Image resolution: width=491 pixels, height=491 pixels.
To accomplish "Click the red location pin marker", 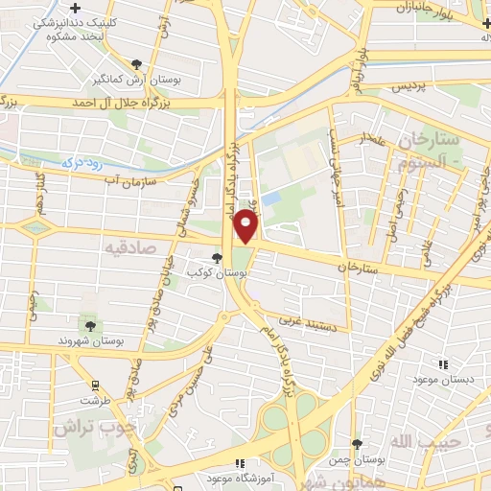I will point(246,226).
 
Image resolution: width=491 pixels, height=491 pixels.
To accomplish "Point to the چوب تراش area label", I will point(95,424).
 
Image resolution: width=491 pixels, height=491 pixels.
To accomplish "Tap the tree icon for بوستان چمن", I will point(357,444).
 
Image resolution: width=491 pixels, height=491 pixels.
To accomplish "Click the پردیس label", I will point(409,86).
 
